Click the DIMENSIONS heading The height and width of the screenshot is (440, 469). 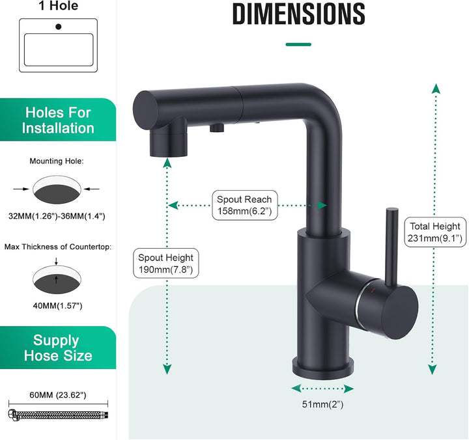298,14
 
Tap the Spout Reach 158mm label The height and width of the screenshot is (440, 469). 244,205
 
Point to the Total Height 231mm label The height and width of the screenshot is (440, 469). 435,232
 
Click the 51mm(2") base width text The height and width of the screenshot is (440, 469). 322,405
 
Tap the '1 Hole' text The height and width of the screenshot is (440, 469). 58,7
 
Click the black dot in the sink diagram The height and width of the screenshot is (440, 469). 59,27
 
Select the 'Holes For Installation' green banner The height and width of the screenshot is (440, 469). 58,120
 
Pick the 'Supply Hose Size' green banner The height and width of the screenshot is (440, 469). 58,348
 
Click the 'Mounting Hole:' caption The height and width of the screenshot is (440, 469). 57,161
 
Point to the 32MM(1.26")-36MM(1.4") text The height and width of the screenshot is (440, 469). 57,215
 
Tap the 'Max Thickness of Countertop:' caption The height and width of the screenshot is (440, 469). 57,247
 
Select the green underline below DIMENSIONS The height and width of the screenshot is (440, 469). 298,44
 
